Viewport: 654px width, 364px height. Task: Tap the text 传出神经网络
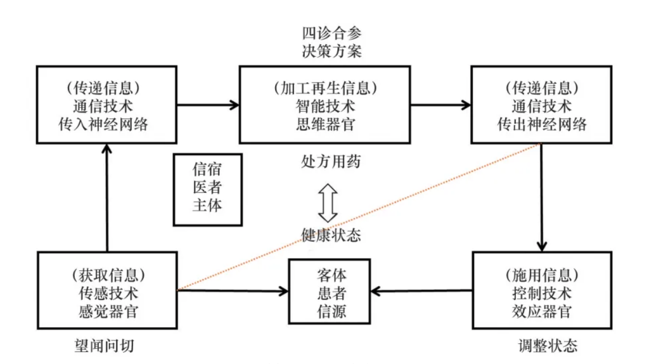tap(542, 124)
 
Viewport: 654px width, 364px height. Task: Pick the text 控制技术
tap(542, 293)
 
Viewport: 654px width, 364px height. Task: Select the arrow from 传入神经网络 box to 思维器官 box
tap(207, 104)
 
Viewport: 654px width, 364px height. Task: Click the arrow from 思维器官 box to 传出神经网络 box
tap(440, 104)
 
